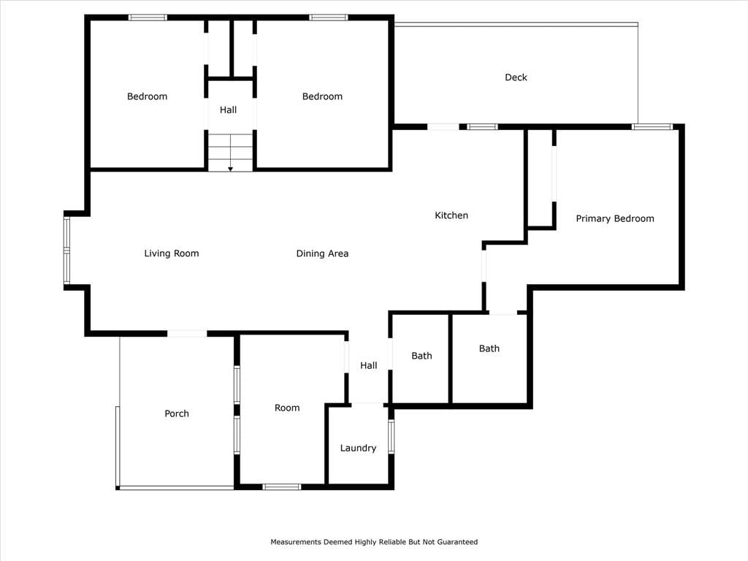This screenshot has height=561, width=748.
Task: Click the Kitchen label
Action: click(x=451, y=215)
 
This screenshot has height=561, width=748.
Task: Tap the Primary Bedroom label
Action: click(x=615, y=218)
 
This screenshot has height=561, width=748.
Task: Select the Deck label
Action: click(x=516, y=77)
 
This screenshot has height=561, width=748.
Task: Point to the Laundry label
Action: click(x=358, y=448)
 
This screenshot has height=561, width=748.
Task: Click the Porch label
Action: click(x=177, y=413)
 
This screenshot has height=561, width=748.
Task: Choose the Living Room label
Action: click(x=172, y=253)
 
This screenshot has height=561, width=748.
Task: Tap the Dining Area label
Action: click(x=322, y=253)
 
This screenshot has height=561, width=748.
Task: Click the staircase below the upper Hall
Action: click(x=230, y=152)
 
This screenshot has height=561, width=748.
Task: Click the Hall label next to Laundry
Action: click(x=369, y=365)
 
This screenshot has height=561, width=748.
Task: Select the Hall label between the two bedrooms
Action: click(x=228, y=110)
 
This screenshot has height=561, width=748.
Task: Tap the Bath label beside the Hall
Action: click(x=421, y=356)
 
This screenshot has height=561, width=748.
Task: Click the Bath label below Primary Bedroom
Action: click(x=489, y=348)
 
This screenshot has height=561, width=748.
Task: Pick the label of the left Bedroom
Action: click(x=147, y=96)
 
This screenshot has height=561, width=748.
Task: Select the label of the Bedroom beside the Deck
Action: click(x=322, y=96)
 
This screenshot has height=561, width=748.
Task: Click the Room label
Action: click(x=287, y=408)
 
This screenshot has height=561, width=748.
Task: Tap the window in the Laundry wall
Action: click(x=392, y=435)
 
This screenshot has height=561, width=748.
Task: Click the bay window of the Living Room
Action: click(x=66, y=251)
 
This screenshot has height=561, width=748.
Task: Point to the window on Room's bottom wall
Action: click(x=281, y=486)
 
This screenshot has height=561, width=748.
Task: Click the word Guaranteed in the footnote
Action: click(x=457, y=542)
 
